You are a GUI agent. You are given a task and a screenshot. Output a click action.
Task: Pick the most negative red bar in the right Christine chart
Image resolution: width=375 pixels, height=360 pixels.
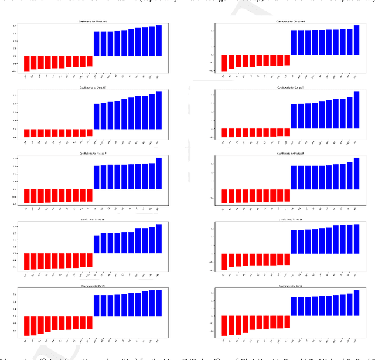tap(224, 63)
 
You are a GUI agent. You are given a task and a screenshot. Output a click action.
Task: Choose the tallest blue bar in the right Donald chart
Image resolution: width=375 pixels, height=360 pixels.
tap(356, 110)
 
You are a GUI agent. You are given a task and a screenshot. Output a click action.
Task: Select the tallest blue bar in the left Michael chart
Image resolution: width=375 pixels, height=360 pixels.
tap(159, 174)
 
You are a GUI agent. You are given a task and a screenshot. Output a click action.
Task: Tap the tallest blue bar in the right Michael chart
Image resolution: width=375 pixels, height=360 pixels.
tap(356, 174)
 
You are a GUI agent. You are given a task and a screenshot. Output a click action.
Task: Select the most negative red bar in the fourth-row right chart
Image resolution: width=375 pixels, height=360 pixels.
tap(224, 261)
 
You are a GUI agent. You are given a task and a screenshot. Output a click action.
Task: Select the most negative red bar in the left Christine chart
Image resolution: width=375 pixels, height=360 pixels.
tap(26, 64)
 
